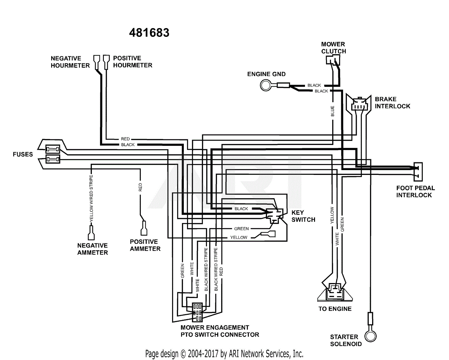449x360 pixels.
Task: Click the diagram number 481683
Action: (x=149, y=33)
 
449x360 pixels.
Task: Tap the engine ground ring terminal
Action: (x=266, y=85)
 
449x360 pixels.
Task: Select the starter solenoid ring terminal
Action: (x=371, y=336)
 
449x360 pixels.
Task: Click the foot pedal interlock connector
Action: (x=418, y=172)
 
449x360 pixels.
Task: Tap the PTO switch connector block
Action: (x=197, y=312)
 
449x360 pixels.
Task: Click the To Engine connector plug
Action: (x=335, y=292)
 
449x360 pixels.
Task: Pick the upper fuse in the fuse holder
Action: (x=53, y=149)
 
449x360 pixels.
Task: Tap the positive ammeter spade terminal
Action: (x=144, y=228)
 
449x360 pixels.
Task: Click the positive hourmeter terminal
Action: (x=106, y=62)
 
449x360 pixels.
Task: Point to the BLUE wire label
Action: (x=333, y=111)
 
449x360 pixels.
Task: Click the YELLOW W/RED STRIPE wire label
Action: (x=91, y=198)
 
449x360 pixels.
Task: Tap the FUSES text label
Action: (x=23, y=155)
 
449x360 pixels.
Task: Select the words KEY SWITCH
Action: (x=303, y=216)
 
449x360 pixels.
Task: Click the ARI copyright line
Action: (x=224, y=354)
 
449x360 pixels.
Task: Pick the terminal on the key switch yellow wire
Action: (x=269, y=234)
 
